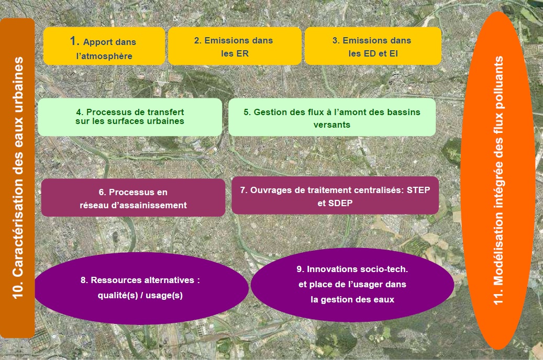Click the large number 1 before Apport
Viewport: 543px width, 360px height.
pos(73,41)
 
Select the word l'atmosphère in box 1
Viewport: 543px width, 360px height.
pos(104,56)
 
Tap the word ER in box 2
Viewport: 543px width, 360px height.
pos(242,54)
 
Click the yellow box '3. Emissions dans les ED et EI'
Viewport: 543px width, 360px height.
pos(373,46)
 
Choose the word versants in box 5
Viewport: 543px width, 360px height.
pos(332,125)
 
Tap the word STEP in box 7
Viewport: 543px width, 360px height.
pos(418,190)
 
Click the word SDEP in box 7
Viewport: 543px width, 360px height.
pos(340,203)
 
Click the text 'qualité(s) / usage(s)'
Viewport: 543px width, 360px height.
pos(140,296)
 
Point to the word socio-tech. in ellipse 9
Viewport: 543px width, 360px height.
pos(384,269)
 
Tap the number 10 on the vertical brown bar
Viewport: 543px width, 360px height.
pos(17,290)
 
